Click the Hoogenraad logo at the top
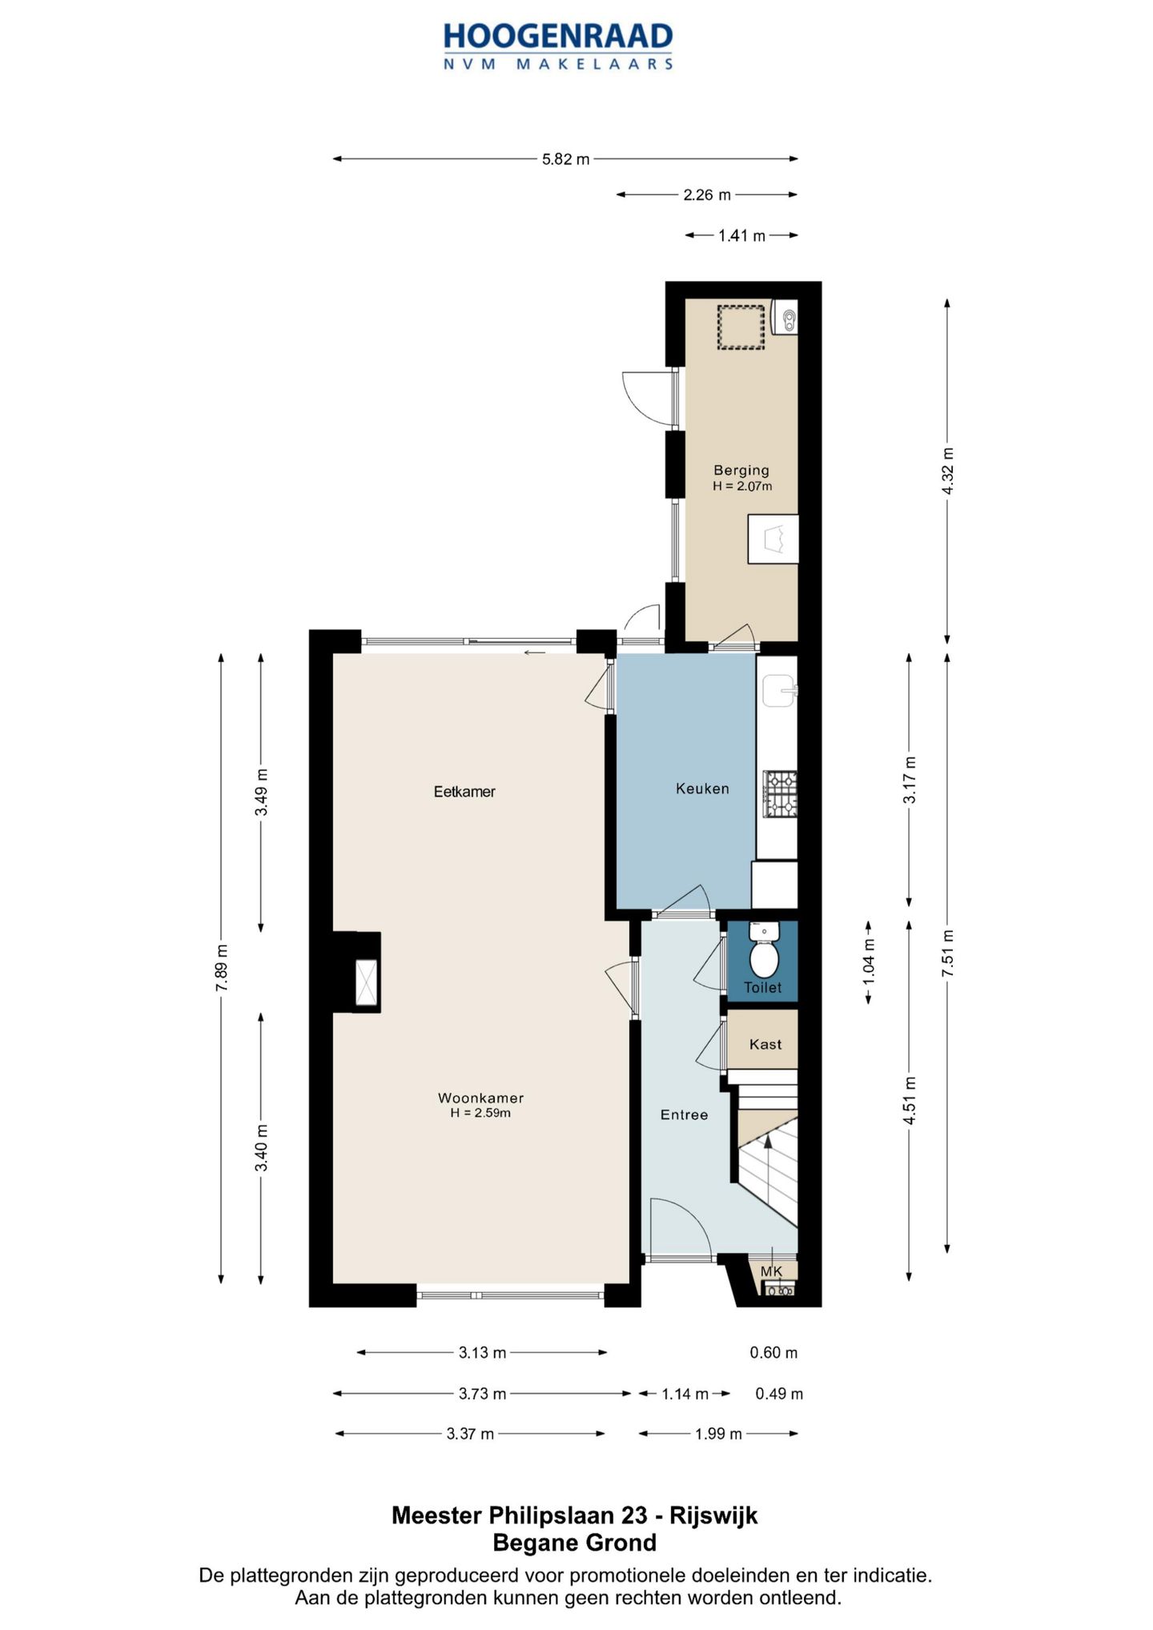tap(558, 46)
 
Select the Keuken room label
tap(702, 789)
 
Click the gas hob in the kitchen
tap(780, 793)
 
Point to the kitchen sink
tap(778, 690)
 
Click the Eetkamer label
tap(464, 792)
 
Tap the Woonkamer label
tap(480, 1098)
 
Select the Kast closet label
tap(765, 1044)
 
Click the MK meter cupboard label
tap(771, 1271)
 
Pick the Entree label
tap(684, 1114)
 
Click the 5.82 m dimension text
tap(565, 159)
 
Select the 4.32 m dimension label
tap(948, 471)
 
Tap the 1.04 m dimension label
tap(869, 961)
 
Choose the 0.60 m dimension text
tap(773, 1353)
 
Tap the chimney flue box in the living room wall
tap(367, 981)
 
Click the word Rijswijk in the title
tap(713, 1516)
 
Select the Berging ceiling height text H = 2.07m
tap(742, 486)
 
